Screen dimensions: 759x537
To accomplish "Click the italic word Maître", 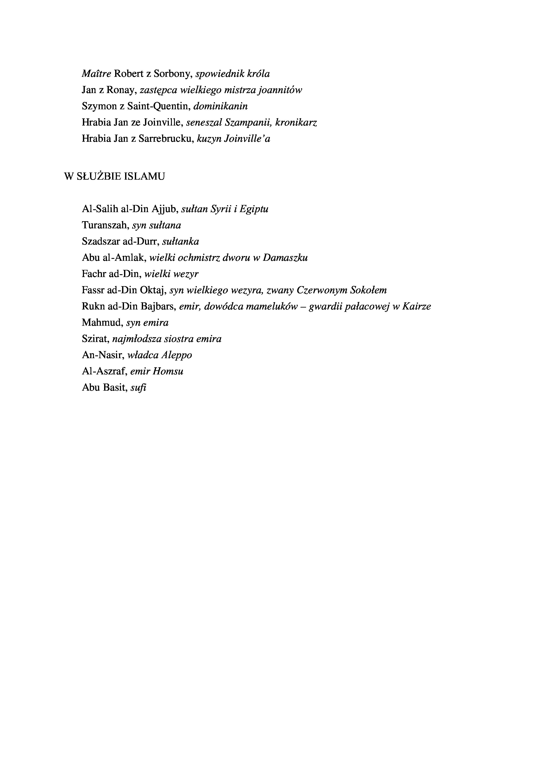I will [96, 74].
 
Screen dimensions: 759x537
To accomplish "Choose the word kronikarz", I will [296, 123].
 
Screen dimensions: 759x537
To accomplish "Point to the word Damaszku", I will [285, 258].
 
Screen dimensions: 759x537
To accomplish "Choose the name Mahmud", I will [102, 323].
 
